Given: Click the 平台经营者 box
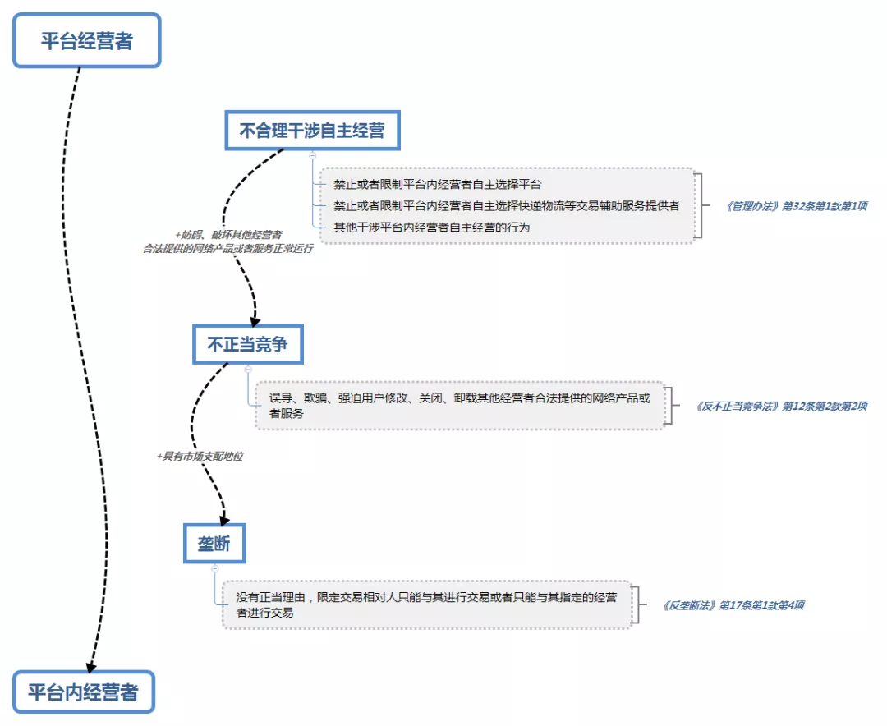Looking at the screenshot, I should (86, 41).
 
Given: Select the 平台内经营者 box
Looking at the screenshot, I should (83, 692).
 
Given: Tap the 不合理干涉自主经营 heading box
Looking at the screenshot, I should (312, 131).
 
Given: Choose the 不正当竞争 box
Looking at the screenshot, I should (248, 345).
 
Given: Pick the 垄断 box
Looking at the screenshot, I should (214, 543).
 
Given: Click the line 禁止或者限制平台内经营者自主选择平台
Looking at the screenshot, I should (437, 184).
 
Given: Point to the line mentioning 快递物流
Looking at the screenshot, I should (506, 205).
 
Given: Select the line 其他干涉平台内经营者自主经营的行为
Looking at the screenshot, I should (431, 227).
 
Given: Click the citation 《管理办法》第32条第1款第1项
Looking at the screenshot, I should (796, 206).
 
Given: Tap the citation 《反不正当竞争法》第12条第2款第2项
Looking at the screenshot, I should (780, 406).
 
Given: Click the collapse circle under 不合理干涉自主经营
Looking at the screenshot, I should (312, 154).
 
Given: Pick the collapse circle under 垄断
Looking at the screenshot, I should (214, 567).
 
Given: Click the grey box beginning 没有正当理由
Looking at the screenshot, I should (427, 605).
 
